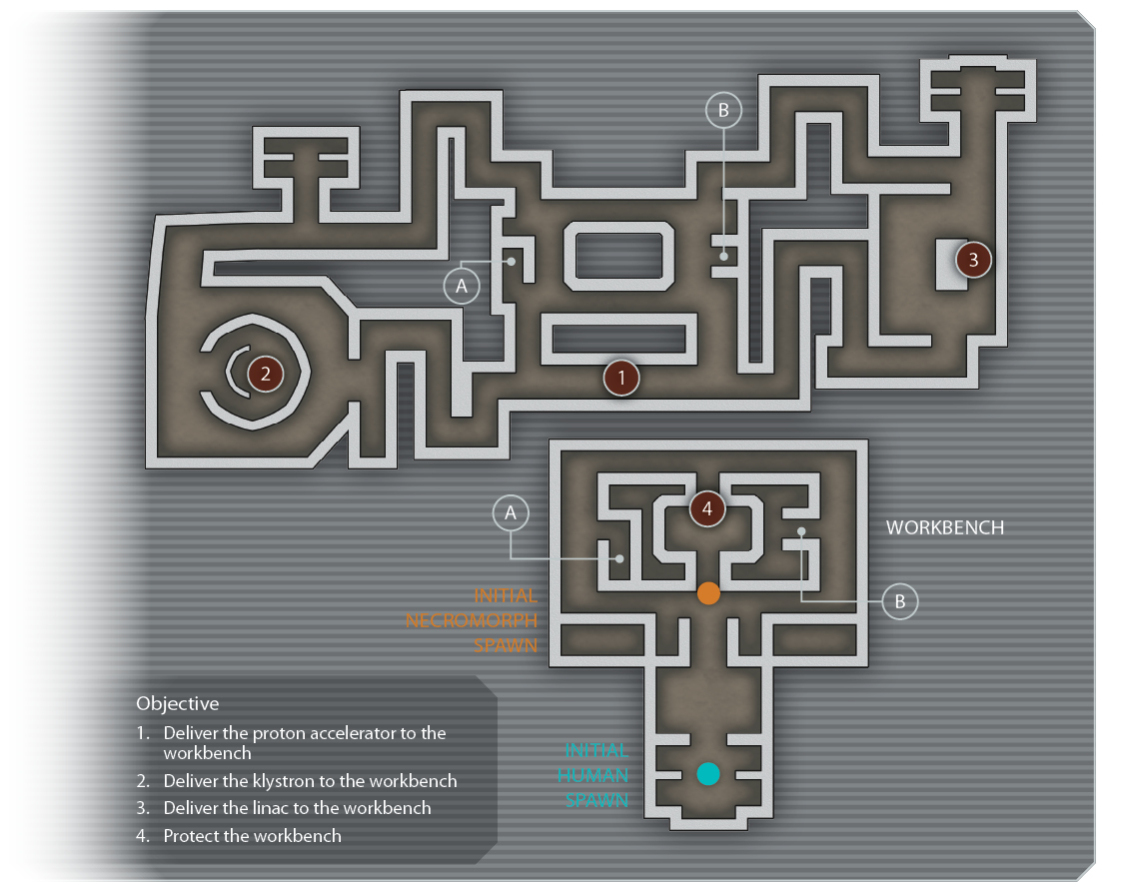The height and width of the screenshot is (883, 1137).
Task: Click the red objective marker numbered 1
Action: [621, 378]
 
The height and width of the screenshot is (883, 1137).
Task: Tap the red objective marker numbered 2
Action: [266, 375]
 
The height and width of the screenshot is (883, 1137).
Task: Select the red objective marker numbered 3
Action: [973, 260]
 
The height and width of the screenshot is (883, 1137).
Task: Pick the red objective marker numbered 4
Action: [707, 508]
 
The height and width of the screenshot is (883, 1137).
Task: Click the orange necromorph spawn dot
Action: [708, 593]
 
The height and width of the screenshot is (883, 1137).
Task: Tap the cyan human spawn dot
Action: [707, 774]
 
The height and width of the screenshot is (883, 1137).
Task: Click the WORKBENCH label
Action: [945, 527]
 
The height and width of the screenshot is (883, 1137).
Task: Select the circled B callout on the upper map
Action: [723, 110]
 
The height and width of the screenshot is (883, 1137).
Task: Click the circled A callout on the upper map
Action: [462, 286]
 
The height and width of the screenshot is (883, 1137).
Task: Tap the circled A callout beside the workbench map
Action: [511, 513]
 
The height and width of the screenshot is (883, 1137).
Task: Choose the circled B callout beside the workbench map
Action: [900, 601]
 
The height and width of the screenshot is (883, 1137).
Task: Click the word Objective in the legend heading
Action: [178, 704]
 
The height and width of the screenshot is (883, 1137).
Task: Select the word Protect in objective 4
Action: [192, 836]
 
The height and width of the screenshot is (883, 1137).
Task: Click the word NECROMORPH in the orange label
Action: [472, 620]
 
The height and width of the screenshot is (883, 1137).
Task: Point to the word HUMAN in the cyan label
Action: [592, 775]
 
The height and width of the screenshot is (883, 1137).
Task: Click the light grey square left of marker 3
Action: [950, 265]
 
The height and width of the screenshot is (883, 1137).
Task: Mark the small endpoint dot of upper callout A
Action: [512, 261]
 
